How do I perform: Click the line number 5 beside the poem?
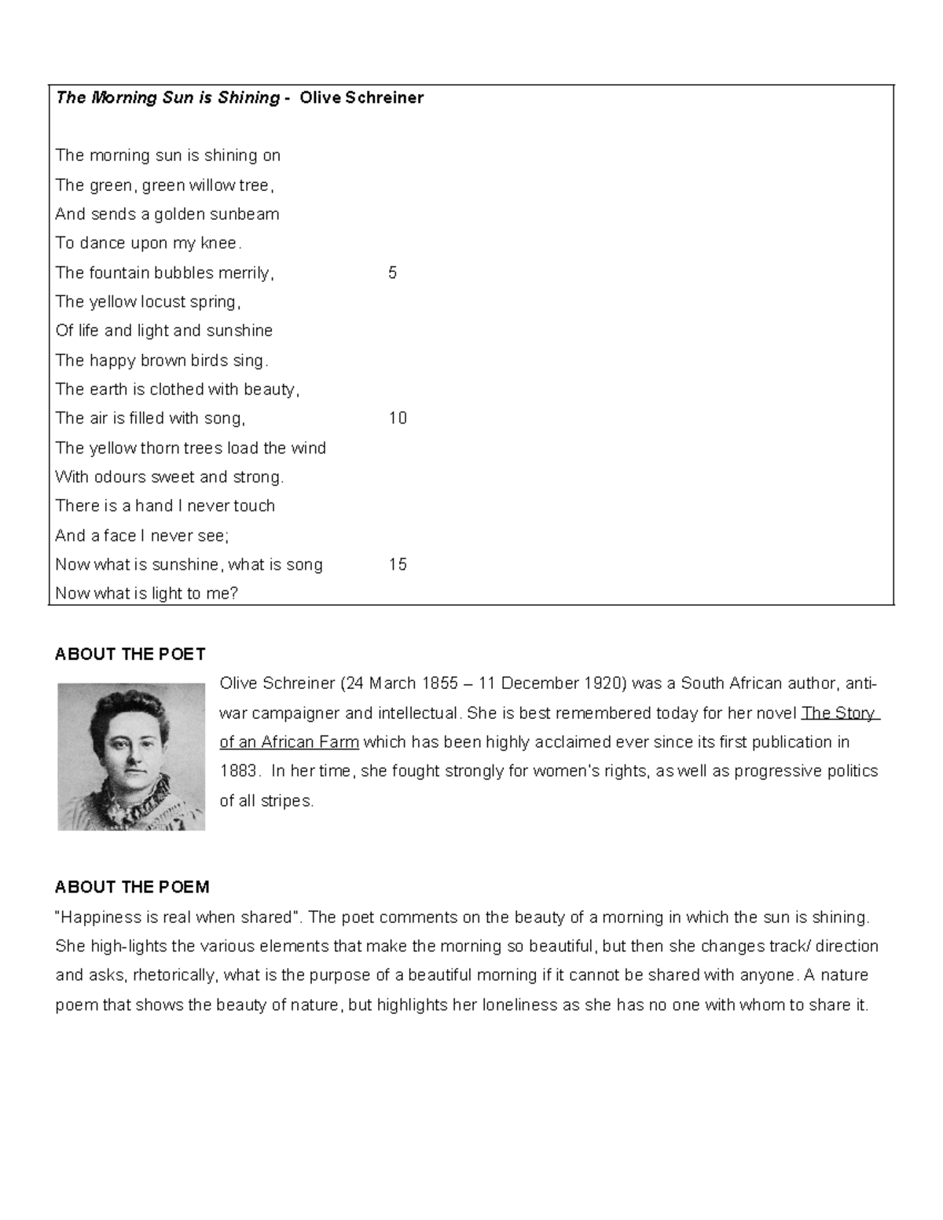coord(392,273)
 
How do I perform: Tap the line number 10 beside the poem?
coord(398,418)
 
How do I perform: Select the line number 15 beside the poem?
coord(398,564)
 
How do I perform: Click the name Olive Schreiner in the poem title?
coord(367,97)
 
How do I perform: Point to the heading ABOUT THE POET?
coord(130,654)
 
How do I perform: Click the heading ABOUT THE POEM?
coord(132,887)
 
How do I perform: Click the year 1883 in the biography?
coord(238,771)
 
